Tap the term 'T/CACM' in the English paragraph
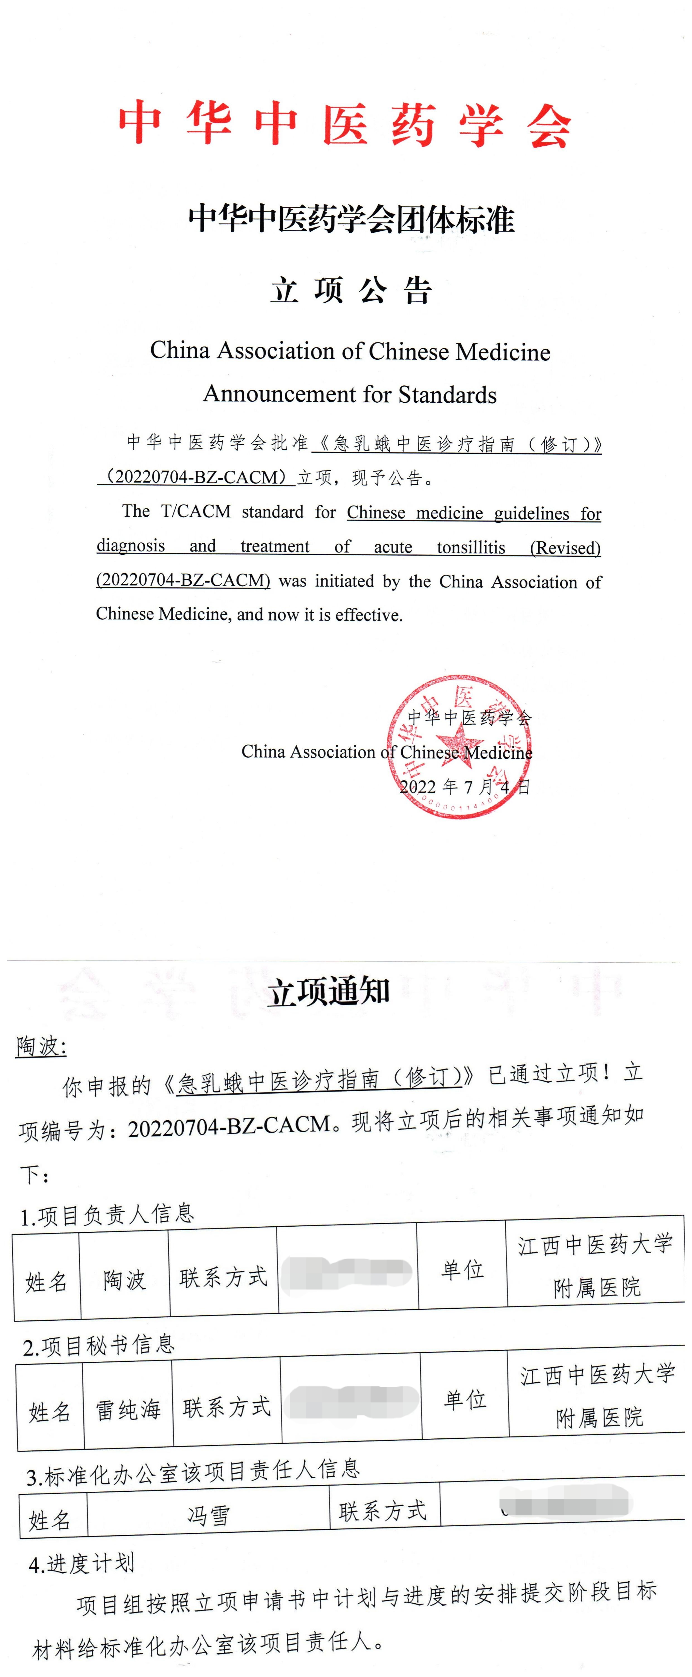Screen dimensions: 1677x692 coord(195,512)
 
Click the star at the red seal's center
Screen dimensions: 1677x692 coord(459,744)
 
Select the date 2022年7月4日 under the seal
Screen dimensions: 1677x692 coord(464,787)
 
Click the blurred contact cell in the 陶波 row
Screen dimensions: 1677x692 coord(348,1274)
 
